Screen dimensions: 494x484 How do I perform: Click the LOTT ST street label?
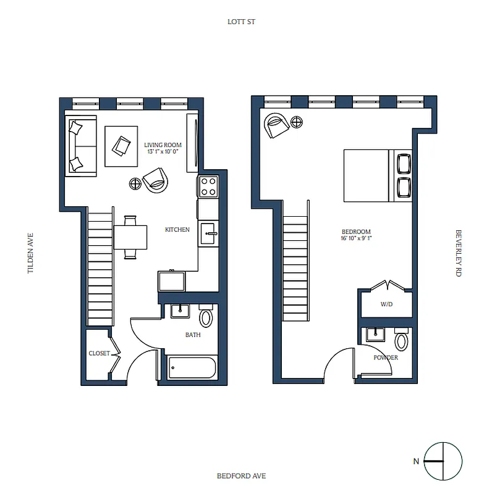(x=241, y=22)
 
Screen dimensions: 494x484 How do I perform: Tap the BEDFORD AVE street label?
(x=241, y=475)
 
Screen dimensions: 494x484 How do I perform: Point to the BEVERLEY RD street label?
(x=459, y=253)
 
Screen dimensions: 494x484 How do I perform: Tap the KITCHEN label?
(x=177, y=230)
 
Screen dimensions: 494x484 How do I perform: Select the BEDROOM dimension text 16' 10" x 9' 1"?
(x=356, y=238)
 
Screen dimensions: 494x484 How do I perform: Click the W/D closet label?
(x=386, y=304)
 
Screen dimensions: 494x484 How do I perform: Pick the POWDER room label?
(x=385, y=358)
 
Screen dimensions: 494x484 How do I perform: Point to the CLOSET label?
(x=99, y=353)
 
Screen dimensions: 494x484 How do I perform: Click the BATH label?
(x=193, y=335)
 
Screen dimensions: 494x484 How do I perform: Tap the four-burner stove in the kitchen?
(x=208, y=186)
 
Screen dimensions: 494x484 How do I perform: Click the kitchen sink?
(x=208, y=232)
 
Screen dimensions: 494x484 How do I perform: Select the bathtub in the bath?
(x=192, y=369)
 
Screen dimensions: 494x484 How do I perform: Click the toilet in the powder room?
(x=402, y=341)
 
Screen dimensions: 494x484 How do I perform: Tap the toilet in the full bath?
(x=206, y=317)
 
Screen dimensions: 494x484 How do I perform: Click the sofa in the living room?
(x=82, y=146)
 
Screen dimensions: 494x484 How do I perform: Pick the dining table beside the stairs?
(x=130, y=237)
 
